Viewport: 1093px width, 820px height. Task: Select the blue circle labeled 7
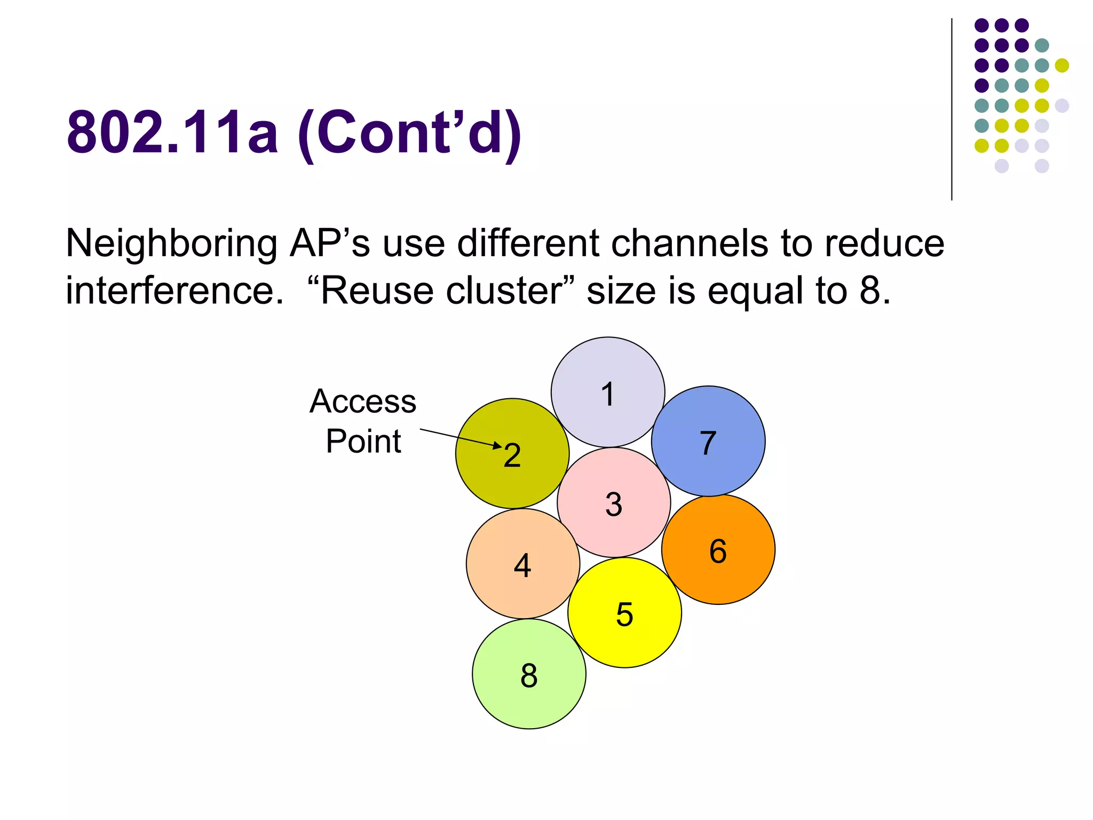[708, 441]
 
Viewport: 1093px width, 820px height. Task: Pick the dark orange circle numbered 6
[718, 550]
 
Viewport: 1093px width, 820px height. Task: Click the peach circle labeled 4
[522, 564]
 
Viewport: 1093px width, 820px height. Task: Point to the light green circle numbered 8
[529, 674]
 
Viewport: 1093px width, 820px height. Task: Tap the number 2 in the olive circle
[512, 455]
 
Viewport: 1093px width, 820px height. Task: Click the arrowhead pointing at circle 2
[497, 445]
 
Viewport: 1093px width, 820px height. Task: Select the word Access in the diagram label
[363, 401]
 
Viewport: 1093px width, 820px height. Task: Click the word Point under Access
[363, 441]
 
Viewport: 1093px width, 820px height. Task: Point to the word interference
[174, 291]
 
